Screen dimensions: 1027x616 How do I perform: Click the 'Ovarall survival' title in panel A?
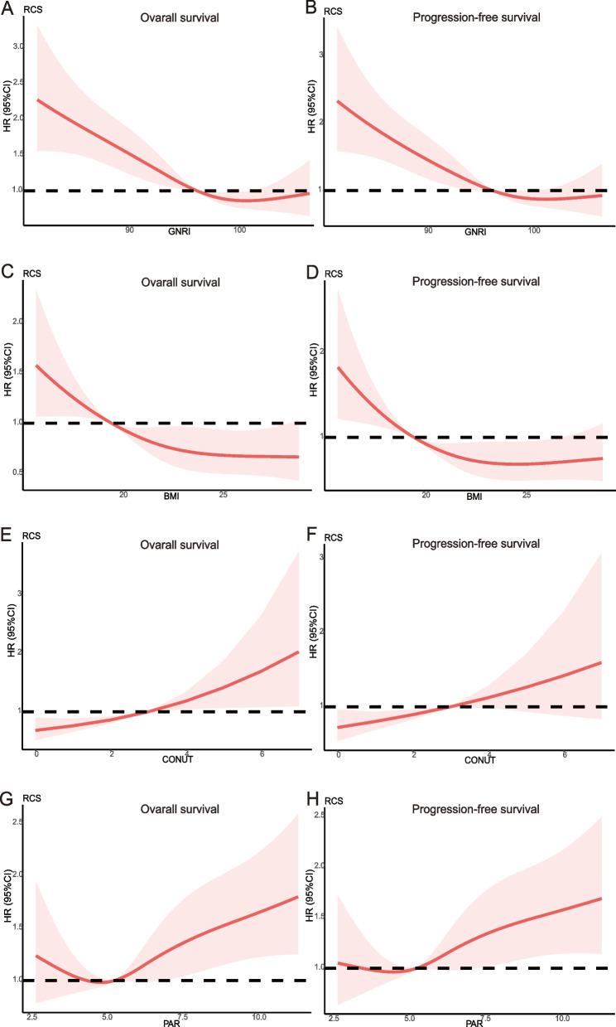180,15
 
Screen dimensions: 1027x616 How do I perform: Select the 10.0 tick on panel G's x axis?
258,1016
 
